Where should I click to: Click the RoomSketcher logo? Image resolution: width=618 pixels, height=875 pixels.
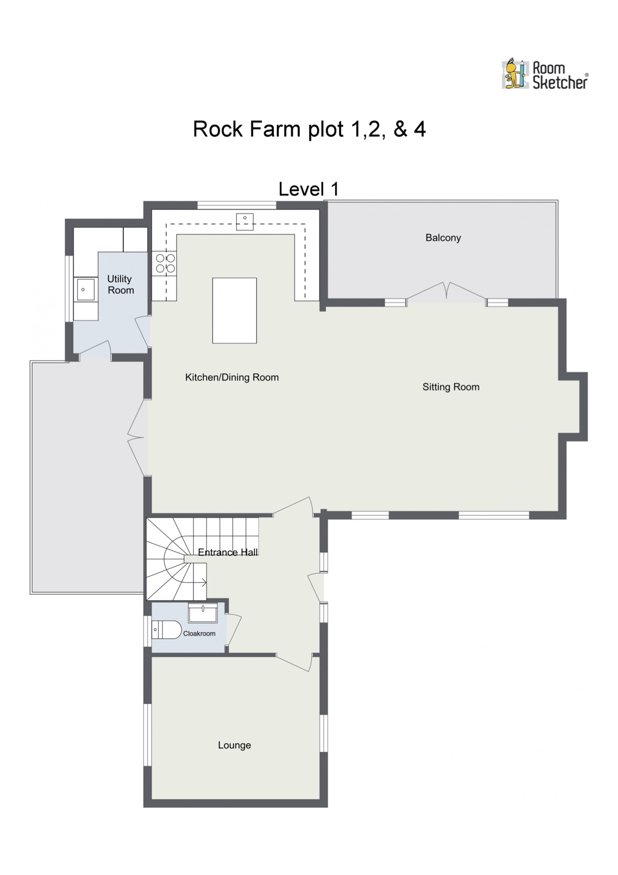(544, 75)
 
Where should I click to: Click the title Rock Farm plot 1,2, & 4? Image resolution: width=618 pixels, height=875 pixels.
(309, 129)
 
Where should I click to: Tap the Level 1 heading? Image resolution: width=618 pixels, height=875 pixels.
(308, 189)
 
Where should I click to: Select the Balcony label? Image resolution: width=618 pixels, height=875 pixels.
(443, 238)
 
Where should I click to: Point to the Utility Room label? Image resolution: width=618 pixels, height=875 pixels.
(120, 284)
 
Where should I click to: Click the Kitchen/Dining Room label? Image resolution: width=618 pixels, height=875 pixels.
(231, 378)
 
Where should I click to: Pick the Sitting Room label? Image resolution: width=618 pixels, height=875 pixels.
(450, 387)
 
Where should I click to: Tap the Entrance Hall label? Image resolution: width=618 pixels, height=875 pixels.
(227, 552)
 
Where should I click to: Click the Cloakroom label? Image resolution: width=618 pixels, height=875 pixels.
(199, 634)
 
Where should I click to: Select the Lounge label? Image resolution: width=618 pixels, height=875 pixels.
(234, 745)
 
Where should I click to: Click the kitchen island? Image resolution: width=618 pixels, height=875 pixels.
(234, 310)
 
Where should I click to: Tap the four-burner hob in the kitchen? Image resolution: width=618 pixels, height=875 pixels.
(165, 263)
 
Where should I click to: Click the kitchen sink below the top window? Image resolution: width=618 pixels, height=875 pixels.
(245, 221)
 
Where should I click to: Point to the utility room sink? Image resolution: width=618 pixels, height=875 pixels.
(85, 289)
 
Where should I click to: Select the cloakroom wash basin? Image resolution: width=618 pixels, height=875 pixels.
(203, 613)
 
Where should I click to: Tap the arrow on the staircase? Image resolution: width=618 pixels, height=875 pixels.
(203, 582)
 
